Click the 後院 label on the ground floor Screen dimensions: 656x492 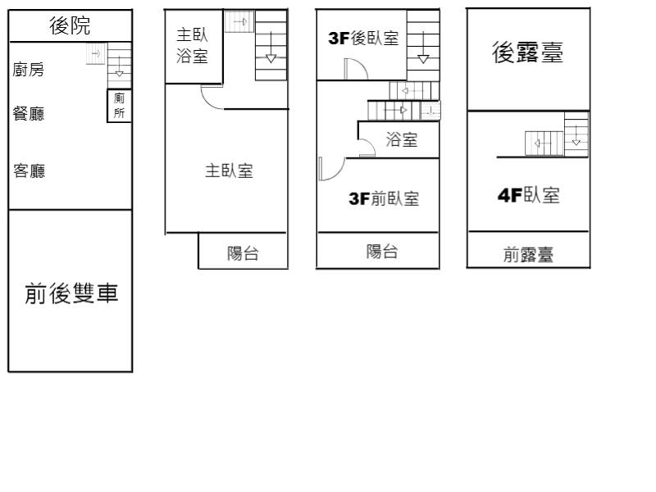(x=70, y=25)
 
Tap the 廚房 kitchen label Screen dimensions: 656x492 (x=28, y=70)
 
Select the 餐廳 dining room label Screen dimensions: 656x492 (x=29, y=113)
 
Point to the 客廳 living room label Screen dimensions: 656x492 (x=29, y=171)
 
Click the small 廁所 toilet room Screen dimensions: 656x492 (x=119, y=106)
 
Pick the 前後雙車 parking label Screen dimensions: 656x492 (x=71, y=293)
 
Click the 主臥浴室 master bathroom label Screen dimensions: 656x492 (x=192, y=45)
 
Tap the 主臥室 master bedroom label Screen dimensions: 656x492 (x=229, y=171)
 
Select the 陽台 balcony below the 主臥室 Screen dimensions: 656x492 (x=243, y=253)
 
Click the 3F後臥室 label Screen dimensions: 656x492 (x=363, y=38)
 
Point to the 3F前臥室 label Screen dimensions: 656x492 (x=384, y=198)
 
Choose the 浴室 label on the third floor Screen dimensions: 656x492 (x=402, y=139)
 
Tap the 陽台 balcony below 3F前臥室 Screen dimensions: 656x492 (x=381, y=252)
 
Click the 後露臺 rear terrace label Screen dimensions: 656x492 (x=527, y=52)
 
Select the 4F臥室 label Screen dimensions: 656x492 (x=528, y=195)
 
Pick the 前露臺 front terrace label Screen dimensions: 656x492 (x=528, y=254)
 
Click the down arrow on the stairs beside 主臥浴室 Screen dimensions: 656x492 (x=271, y=47)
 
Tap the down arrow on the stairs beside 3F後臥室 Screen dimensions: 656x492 (x=423, y=47)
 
